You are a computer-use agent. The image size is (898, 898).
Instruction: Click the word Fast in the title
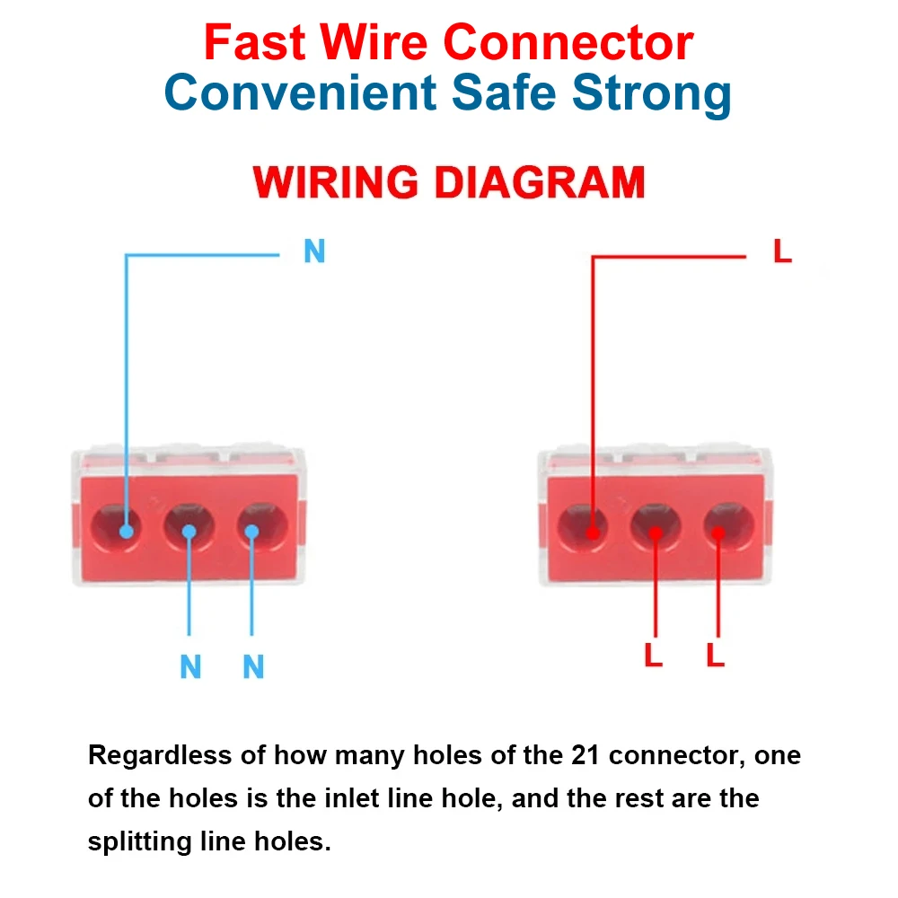[x=255, y=42]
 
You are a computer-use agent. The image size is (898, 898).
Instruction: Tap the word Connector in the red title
[x=568, y=42]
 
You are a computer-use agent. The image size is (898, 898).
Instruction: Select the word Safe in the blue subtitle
[x=504, y=92]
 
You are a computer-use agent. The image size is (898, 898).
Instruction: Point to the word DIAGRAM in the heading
[x=540, y=182]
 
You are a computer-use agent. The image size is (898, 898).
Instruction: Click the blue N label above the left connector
[x=314, y=251]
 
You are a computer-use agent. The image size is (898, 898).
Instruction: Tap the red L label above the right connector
[x=782, y=251]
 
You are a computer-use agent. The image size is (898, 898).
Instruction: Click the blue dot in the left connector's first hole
[x=127, y=532]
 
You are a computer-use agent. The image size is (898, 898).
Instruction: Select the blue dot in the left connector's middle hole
[x=189, y=532]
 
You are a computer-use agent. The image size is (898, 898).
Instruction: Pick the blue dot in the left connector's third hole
[x=251, y=532]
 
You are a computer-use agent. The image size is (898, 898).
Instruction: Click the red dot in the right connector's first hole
[x=594, y=533]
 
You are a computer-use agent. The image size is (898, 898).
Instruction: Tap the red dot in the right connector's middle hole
[x=656, y=533]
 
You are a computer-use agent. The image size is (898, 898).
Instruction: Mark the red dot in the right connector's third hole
[x=718, y=533]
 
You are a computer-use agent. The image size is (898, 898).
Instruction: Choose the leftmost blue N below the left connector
[x=190, y=666]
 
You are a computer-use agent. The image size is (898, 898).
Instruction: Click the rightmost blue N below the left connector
[x=254, y=666]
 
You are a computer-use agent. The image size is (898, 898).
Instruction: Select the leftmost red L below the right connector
[x=654, y=655]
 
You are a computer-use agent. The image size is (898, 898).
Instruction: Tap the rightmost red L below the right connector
[x=716, y=655]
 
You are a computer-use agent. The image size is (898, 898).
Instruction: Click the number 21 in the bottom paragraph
[x=585, y=755]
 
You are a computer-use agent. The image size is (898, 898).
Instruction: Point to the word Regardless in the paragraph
[x=160, y=755]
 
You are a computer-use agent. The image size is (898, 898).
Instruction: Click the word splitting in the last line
[x=139, y=842]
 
